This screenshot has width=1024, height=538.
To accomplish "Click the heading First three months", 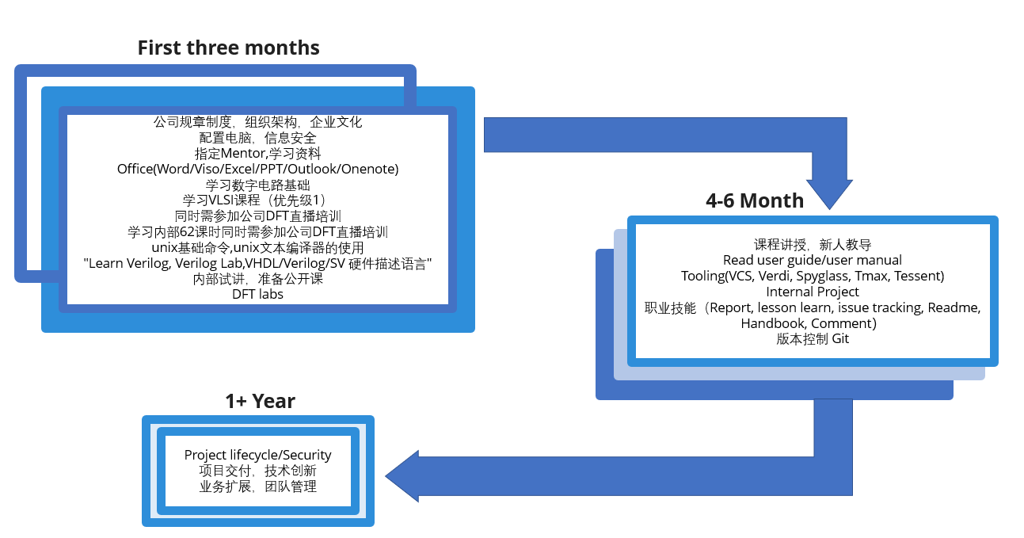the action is (x=229, y=48).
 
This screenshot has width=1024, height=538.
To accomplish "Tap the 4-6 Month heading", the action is (x=754, y=200).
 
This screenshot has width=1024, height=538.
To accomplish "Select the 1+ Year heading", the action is (x=260, y=401).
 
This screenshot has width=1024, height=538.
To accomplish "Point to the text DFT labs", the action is (x=258, y=294).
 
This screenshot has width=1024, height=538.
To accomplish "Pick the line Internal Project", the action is (x=813, y=292).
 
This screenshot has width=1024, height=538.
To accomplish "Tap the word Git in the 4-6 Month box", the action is (x=840, y=339).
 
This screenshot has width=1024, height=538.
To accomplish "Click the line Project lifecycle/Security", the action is (x=258, y=455).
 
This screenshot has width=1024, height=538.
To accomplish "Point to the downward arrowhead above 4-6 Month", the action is (x=829, y=194).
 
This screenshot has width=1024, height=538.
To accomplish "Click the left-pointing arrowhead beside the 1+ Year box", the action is (x=402, y=476).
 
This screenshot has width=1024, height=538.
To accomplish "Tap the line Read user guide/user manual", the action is (x=813, y=261).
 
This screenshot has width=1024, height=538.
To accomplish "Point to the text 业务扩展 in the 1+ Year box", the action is (x=226, y=486).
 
